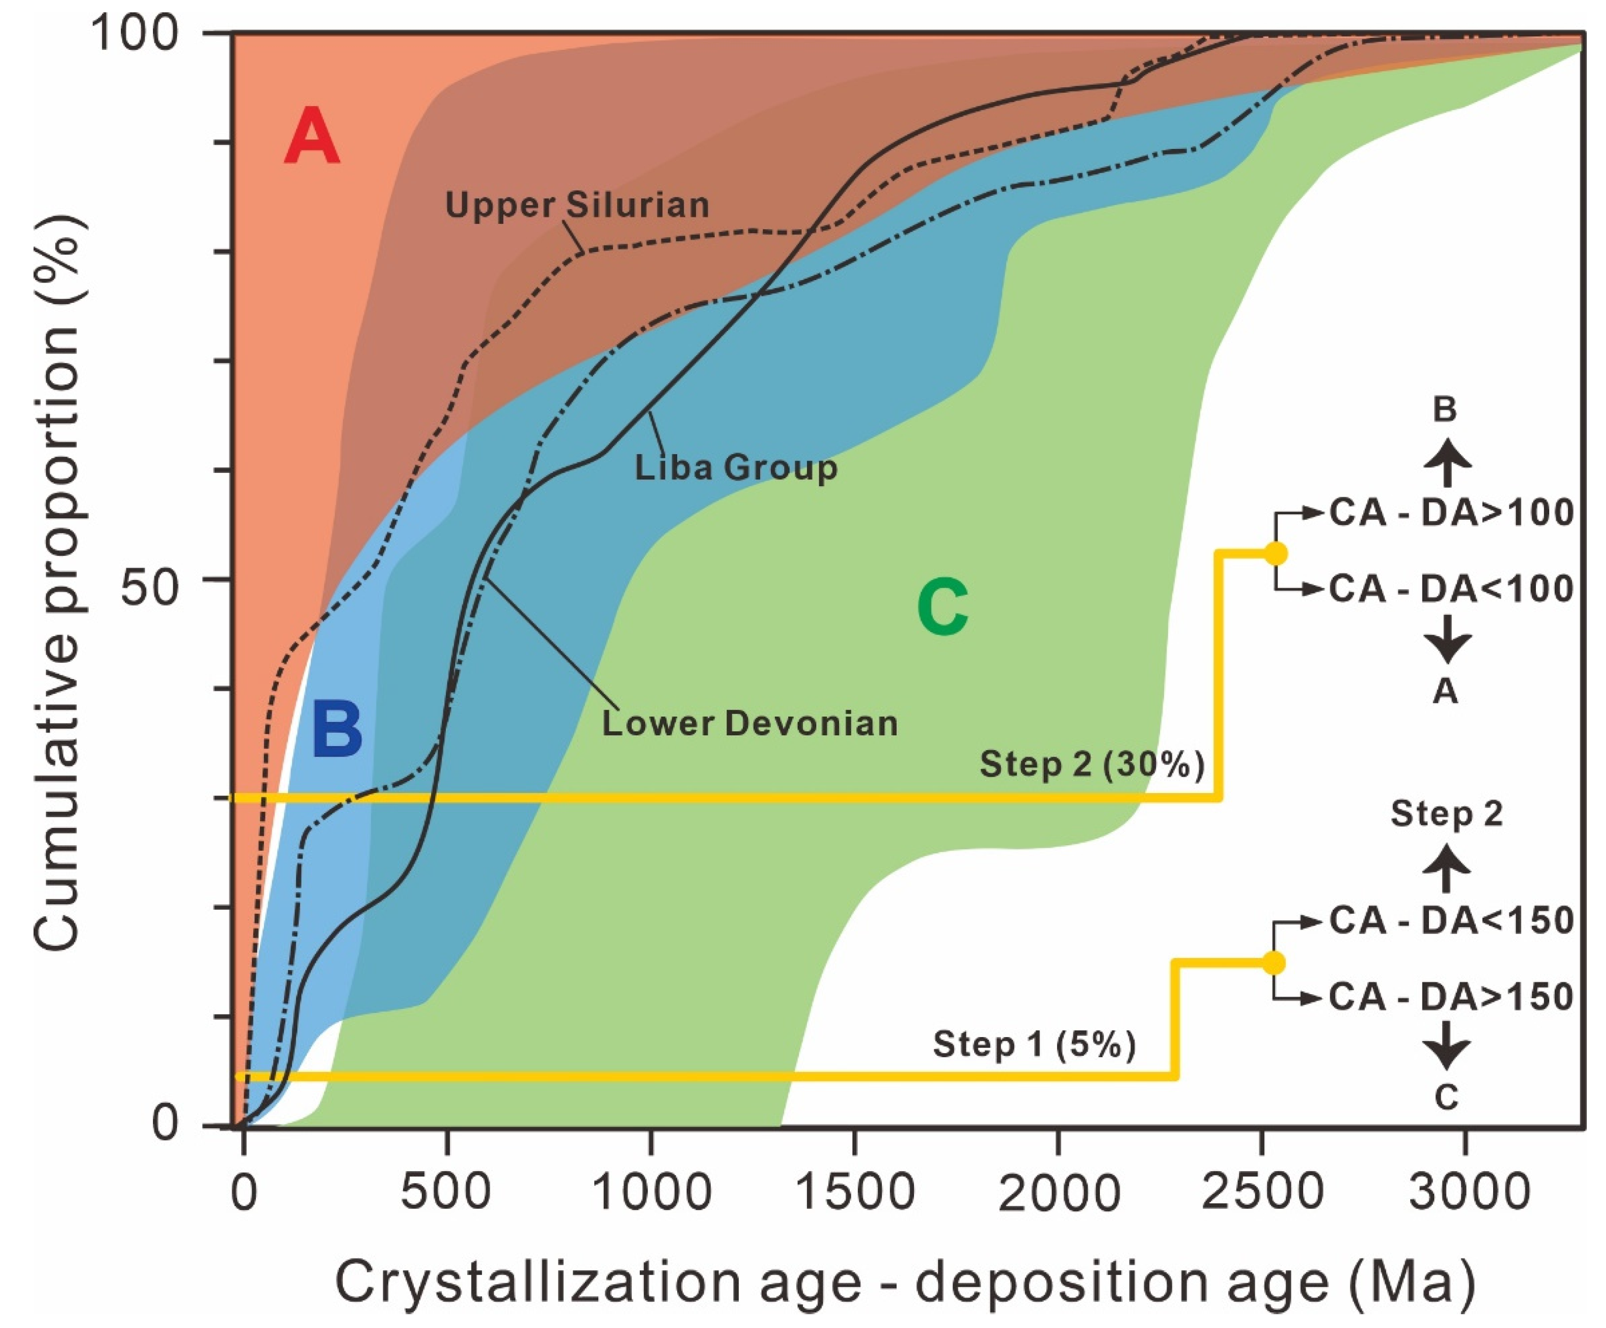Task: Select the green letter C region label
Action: (943, 608)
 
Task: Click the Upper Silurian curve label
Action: (578, 205)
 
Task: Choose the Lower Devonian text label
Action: (749, 723)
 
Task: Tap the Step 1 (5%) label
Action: (1034, 1043)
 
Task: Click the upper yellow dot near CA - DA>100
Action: (1275, 553)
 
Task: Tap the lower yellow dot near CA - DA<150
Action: (1274, 963)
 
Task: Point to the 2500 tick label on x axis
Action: (1262, 1191)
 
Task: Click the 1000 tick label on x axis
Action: (652, 1191)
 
